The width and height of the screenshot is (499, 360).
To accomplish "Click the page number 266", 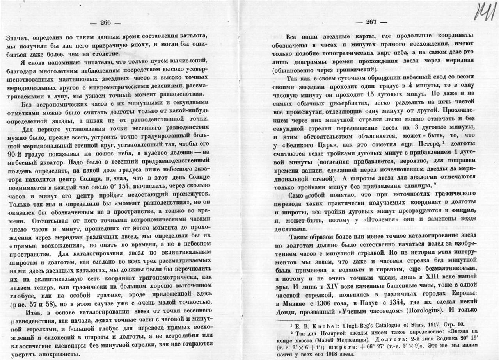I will point(105,22).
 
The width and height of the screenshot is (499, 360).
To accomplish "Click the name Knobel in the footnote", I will point(313,324).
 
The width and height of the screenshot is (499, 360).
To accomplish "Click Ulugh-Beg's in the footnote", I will point(341,324).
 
